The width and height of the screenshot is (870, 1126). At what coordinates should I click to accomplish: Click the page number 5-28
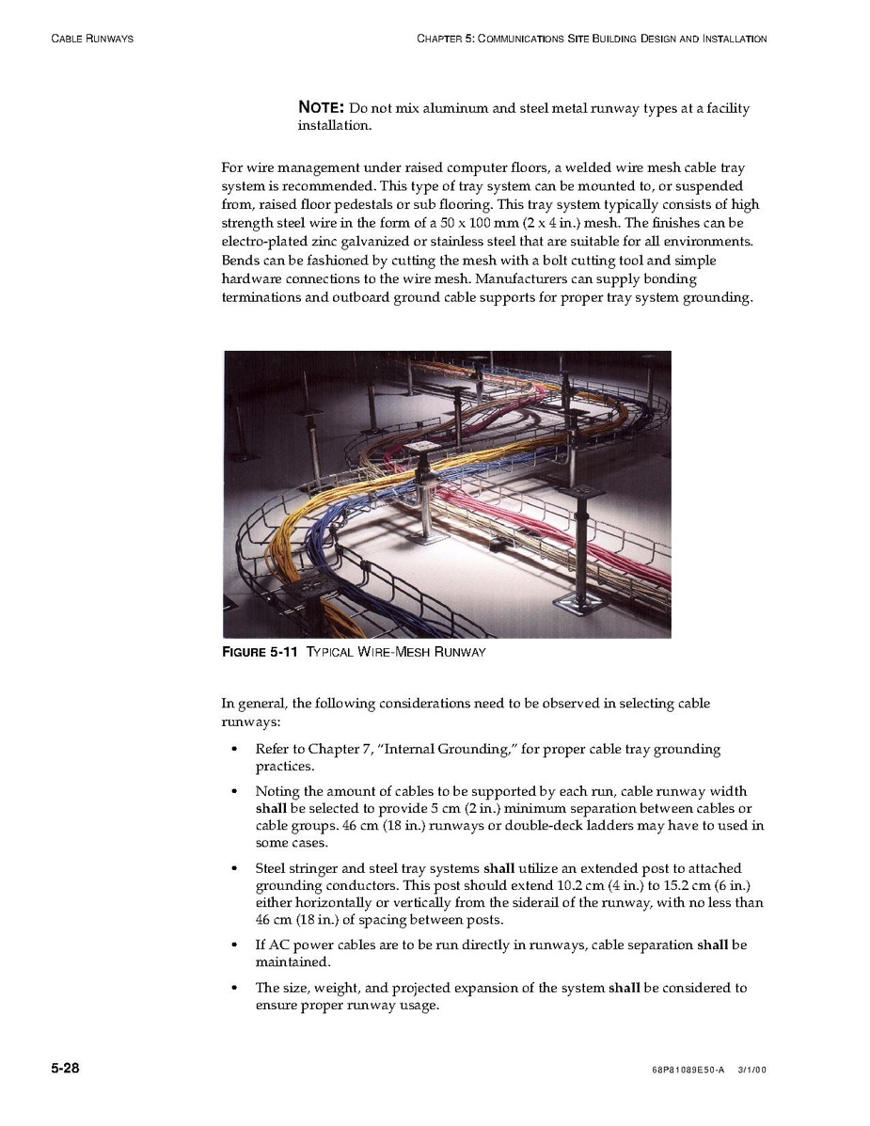65,1069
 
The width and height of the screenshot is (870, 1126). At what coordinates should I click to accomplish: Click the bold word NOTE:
321,108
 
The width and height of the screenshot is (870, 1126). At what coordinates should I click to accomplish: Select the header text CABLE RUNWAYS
91,39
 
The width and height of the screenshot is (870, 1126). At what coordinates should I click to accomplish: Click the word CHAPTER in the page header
438,39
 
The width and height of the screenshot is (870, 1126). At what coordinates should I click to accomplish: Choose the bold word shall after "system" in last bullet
625,988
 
